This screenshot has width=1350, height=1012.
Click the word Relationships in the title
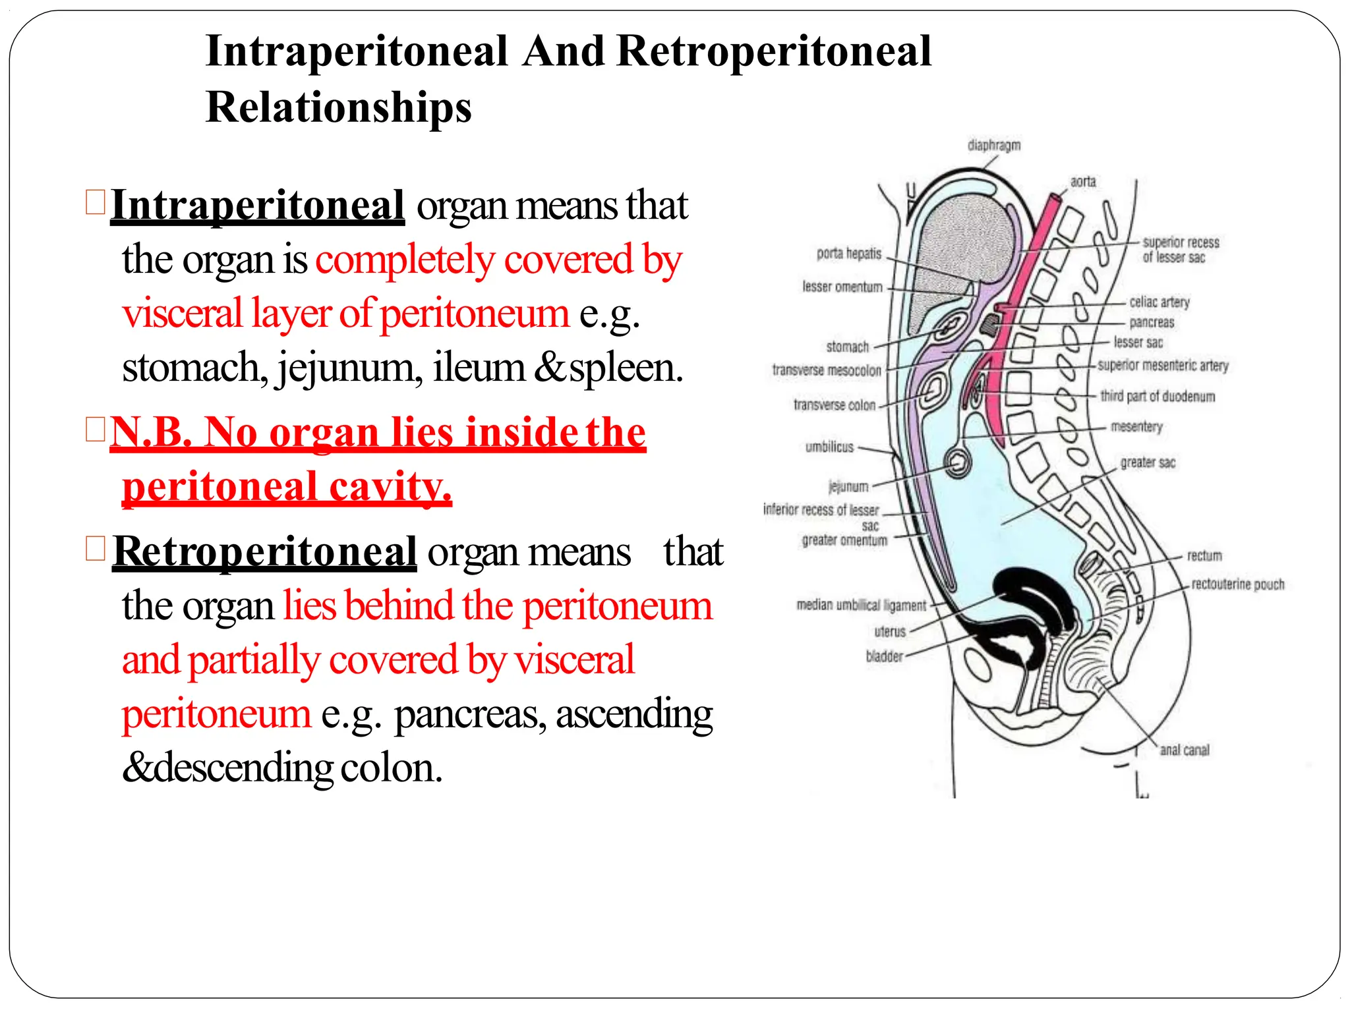[338, 107]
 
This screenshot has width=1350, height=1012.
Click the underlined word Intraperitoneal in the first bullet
[257, 206]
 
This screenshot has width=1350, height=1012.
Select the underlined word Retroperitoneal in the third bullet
[264, 551]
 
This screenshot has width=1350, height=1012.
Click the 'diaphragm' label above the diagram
[993, 145]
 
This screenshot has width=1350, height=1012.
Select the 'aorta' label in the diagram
[1082, 181]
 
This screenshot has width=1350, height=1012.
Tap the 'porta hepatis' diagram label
[849, 254]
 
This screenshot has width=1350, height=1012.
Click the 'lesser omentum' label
[842, 287]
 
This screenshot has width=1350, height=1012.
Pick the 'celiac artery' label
[1159, 302]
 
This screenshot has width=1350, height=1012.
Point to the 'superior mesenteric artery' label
[1163, 366]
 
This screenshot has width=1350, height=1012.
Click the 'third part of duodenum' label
[1157, 396]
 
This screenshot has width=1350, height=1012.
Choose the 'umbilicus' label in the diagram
[829, 447]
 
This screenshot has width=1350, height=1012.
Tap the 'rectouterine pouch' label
[1237, 584]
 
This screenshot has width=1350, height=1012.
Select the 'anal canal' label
[1185, 750]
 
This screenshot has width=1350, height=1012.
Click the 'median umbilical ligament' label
[861, 605]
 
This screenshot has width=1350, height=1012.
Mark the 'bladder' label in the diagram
[884, 656]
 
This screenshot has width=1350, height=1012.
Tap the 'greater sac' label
[1148, 463]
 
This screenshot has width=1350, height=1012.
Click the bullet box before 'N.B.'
[96, 431]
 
